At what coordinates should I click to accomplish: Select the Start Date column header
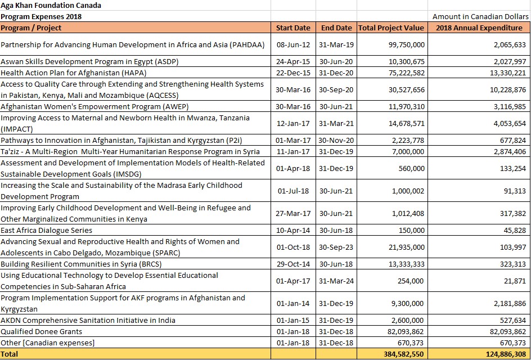pyautogui.click(x=293, y=28)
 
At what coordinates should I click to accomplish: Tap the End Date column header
pyautogui.click(x=336, y=28)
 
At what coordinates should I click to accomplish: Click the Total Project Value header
pyautogui.click(x=391, y=28)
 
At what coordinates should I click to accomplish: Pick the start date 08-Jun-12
pyautogui.click(x=294, y=44)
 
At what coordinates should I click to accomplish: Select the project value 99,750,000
pyautogui.click(x=407, y=44)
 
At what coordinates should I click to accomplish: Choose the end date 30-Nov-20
pyautogui.click(x=336, y=140)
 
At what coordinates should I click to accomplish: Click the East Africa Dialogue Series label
pyautogui.click(x=46, y=230)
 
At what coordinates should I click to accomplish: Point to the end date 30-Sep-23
pyautogui.click(x=336, y=247)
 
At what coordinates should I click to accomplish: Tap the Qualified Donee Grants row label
pyautogui.click(x=41, y=331)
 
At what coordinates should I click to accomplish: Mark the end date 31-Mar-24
pyautogui.click(x=336, y=281)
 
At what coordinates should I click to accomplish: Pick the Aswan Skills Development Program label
pyautogui.click(x=89, y=61)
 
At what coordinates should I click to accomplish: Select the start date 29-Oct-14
pyautogui.click(x=294, y=264)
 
